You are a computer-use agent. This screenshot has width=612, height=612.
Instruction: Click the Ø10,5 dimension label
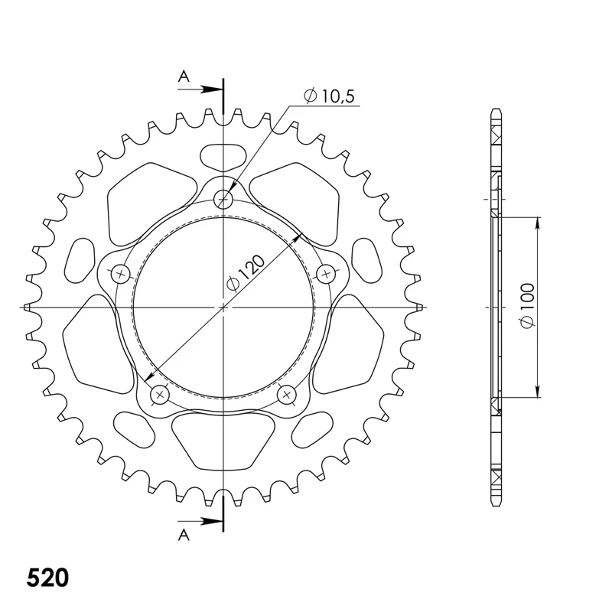330,97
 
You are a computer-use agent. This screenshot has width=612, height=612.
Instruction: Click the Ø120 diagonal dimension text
246,273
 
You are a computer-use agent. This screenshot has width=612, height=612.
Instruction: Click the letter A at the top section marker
184,75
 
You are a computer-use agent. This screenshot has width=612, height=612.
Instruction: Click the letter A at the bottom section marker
184,535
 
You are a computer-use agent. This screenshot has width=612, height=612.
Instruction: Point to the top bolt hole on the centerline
223,200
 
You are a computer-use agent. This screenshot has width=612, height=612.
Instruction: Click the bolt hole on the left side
120,273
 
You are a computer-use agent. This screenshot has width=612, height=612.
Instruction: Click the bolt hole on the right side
327,273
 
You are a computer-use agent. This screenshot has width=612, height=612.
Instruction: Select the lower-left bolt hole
160,395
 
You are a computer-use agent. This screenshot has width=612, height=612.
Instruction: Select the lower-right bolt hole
287,395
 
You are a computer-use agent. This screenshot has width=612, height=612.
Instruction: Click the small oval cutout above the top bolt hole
223,157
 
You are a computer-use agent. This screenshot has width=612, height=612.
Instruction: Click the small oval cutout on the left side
80,260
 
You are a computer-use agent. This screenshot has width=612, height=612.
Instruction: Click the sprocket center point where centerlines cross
223,308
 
